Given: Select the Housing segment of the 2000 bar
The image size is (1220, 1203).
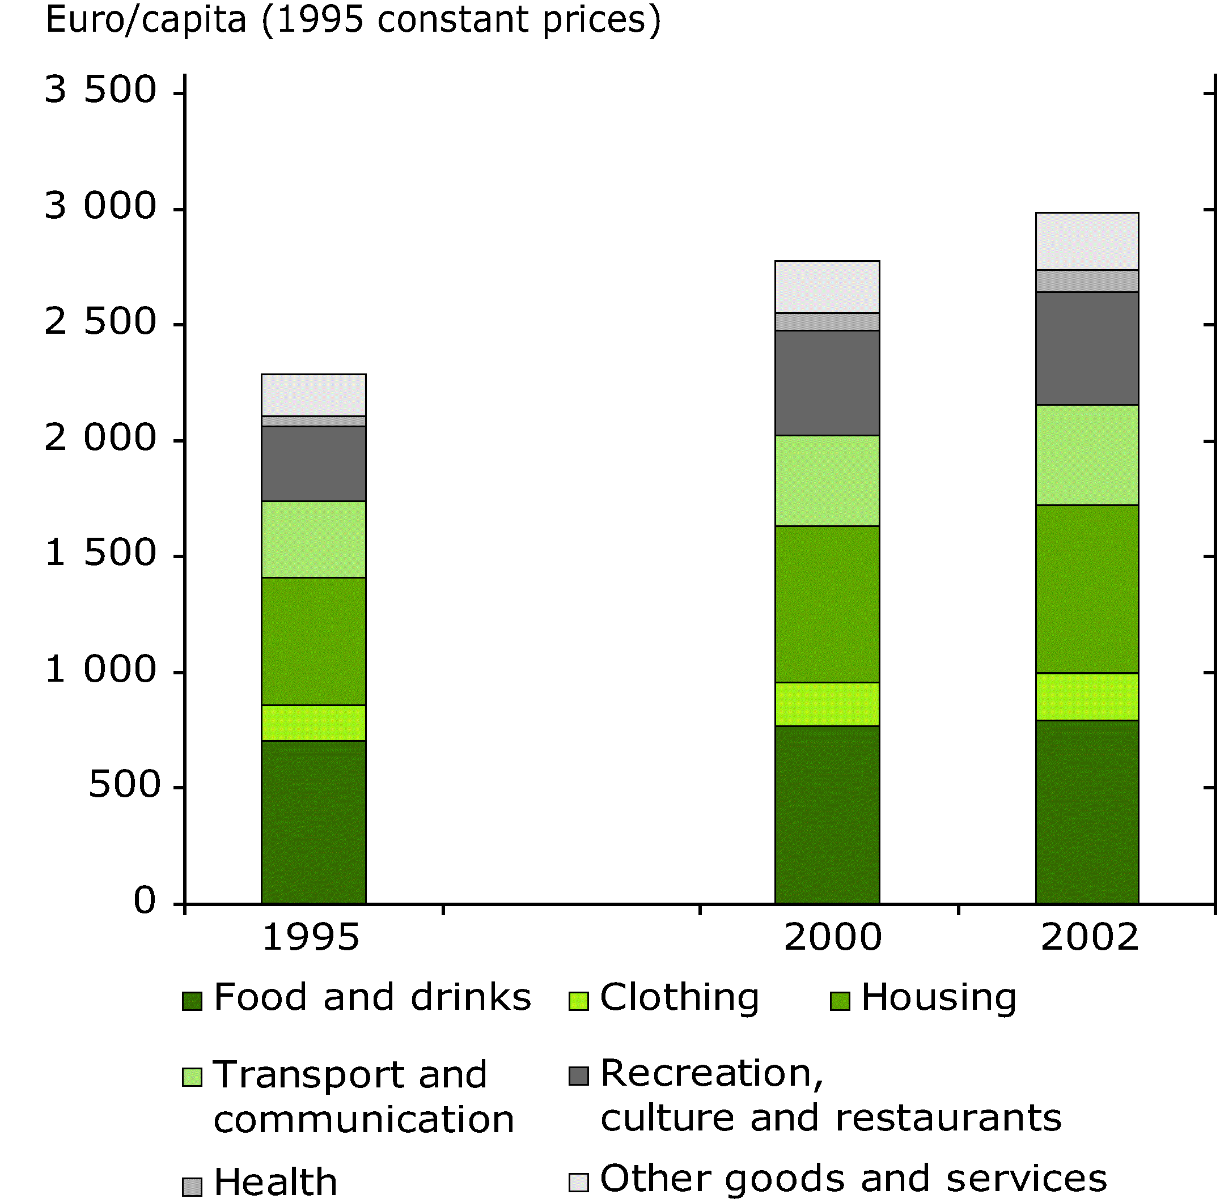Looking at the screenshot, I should (827, 604).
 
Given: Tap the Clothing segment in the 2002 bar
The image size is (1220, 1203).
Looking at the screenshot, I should (1087, 696).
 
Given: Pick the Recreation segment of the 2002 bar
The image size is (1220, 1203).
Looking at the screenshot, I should (1087, 348).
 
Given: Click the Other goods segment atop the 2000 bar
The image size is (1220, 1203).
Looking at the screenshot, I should (827, 287).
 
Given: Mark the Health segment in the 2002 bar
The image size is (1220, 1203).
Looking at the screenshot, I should (1087, 281).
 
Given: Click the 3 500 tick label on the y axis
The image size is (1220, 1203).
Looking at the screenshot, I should (100, 90).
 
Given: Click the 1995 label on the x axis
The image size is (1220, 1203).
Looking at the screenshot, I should (310, 937).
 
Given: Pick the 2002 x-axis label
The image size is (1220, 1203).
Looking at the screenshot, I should (1089, 937).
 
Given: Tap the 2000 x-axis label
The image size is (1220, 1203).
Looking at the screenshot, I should (832, 937).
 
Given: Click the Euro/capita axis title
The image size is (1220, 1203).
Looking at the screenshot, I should (353, 20).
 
